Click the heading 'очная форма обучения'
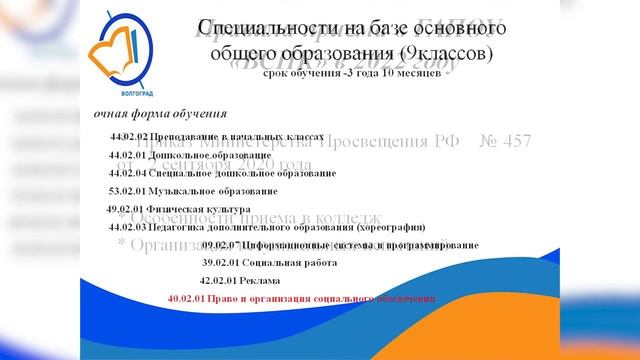[161, 113]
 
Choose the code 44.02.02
[130, 135]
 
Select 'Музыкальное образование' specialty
[215, 190]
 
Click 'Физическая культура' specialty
[194, 209]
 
